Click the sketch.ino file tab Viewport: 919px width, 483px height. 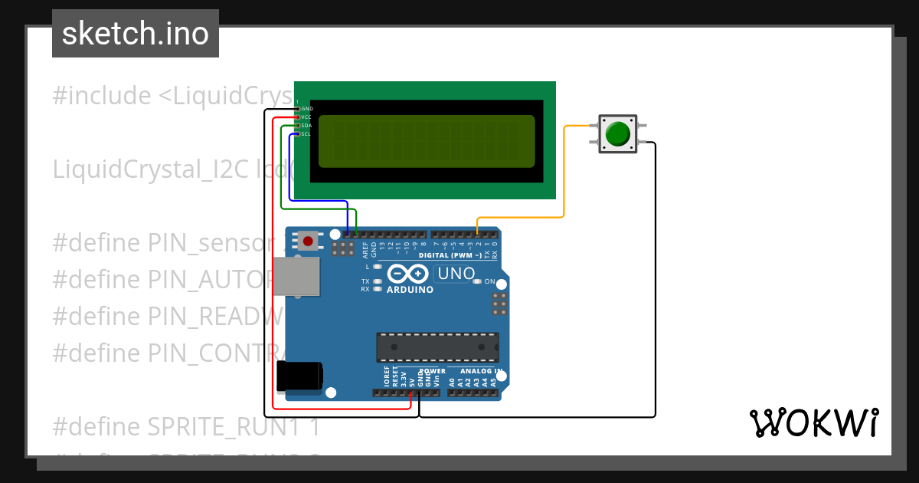coord(136,34)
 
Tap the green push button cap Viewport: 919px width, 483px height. coord(617,134)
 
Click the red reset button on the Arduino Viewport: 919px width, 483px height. coord(308,242)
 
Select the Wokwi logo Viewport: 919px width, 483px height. coord(813,422)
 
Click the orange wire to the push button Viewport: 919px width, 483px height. coord(564,176)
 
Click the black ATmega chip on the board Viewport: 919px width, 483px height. coord(437,347)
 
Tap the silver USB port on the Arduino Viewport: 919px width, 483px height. coord(297,276)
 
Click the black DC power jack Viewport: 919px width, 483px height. coord(299,376)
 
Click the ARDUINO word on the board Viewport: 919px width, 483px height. coord(410,290)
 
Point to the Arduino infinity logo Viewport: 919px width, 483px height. coord(409,274)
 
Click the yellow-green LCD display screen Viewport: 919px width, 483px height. coord(426,141)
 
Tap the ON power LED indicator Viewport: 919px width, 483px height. coord(477,281)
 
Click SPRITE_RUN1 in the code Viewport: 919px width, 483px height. coord(218,426)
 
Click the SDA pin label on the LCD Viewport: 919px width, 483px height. coord(306,126)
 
